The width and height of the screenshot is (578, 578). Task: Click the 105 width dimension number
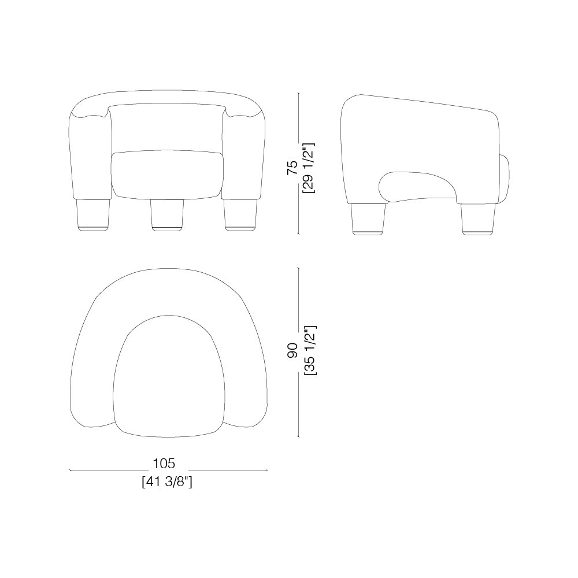tap(164, 464)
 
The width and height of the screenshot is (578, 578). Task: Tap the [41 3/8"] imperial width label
tap(167, 482)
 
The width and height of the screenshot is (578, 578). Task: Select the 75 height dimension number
tap(292, 168)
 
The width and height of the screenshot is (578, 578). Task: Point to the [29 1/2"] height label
tap(309, 168)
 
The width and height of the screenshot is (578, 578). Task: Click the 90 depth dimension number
tap(292, 350)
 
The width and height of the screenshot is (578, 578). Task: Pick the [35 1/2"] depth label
tap(310, 350)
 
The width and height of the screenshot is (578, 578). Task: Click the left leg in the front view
tap(93, 215)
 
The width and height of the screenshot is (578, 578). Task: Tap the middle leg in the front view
tap(167, 215)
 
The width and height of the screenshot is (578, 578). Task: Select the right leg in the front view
tap(240, 215)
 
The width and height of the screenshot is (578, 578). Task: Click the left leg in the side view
tap(368, 218)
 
